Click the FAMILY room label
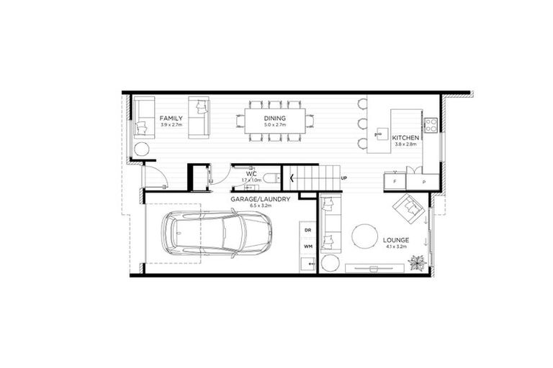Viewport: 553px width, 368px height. (x=171, y=118)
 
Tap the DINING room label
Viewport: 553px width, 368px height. (x=274, y=118)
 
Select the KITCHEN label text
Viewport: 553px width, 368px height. (x=405, y=137)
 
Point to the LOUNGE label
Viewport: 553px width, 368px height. (x=396, y=240)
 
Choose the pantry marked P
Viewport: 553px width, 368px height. (x=423, y=183)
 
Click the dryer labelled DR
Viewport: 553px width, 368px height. (x=307, y=231)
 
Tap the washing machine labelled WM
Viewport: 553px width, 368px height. (x=307, y=247)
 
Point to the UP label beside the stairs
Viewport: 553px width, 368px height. (x=343, y=178)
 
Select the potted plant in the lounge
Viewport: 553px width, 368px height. (x=416, y=264)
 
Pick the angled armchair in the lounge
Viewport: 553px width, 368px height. (x=407, y=208)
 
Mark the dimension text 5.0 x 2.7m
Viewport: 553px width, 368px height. (x=274, y=125)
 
